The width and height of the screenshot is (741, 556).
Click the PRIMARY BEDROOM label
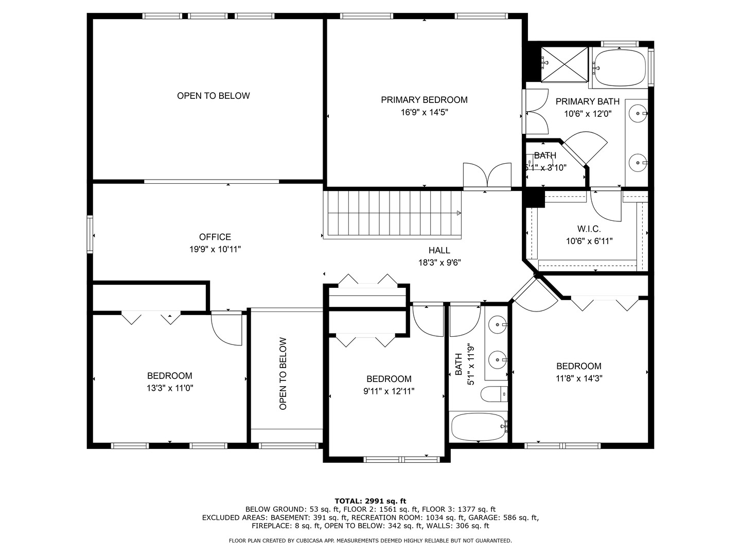(x=424, y=100)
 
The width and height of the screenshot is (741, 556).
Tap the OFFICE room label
(x=215, y=237)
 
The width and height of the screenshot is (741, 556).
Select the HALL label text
(x=439, y=250)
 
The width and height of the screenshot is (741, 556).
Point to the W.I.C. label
(x=589, y=229)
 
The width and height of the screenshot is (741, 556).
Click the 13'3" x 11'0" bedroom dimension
(x=170, y=388)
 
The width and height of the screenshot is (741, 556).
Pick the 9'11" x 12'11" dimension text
(x=389, y=391)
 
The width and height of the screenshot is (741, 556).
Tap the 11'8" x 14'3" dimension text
(x=579, y=378)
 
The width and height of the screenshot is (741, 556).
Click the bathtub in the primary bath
(x=619, y=67)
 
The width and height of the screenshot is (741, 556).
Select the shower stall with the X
(x=564, y=64)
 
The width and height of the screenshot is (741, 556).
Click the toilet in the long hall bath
(x=494, y=394)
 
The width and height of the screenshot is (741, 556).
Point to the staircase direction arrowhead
(x=459, y=213)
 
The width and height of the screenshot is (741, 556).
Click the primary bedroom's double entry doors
(x=487, y=176)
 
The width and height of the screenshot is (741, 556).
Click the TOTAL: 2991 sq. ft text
(x=370, y=501)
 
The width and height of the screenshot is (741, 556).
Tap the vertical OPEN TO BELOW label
(x=283, y=374)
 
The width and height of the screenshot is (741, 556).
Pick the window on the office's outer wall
(x=90, y=234)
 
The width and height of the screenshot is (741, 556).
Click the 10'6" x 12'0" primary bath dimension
(x=588, y=114)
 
